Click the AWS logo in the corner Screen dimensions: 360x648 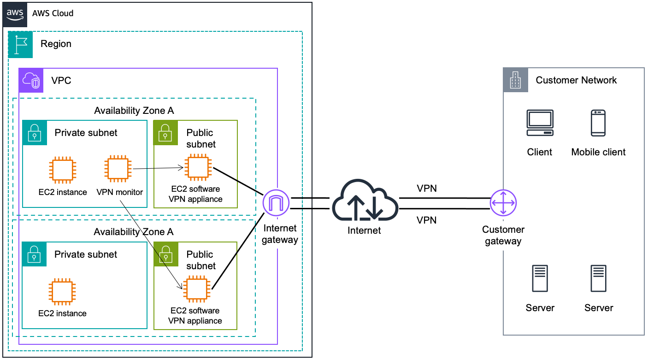tap(15, 13)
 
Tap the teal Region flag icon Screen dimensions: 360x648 tap(21, 44)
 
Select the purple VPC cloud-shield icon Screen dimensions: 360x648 tap(31, 81)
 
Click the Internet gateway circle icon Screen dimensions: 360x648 tap(276, 203)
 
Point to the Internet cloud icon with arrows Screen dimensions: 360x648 tap(364, 203)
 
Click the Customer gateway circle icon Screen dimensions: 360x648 tap(503, 203)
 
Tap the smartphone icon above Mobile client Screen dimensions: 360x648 tap(598, 123)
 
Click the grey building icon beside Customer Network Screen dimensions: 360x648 tap(515, 80)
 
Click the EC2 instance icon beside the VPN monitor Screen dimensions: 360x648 tap(63, 169)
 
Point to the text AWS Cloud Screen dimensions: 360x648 tap(53, 13)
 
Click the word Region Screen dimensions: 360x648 tap(56, 44)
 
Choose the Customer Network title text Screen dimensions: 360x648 tap(576, 80)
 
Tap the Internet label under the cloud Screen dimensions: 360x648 tap(364, 230)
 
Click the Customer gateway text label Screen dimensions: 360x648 tap(503, 235)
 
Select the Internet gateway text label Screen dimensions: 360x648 tap(280, 234)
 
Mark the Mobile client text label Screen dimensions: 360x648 tap(598, 152)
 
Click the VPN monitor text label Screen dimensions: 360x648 tap(120, 192)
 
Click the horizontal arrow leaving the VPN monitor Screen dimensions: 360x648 tap(157, 169)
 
